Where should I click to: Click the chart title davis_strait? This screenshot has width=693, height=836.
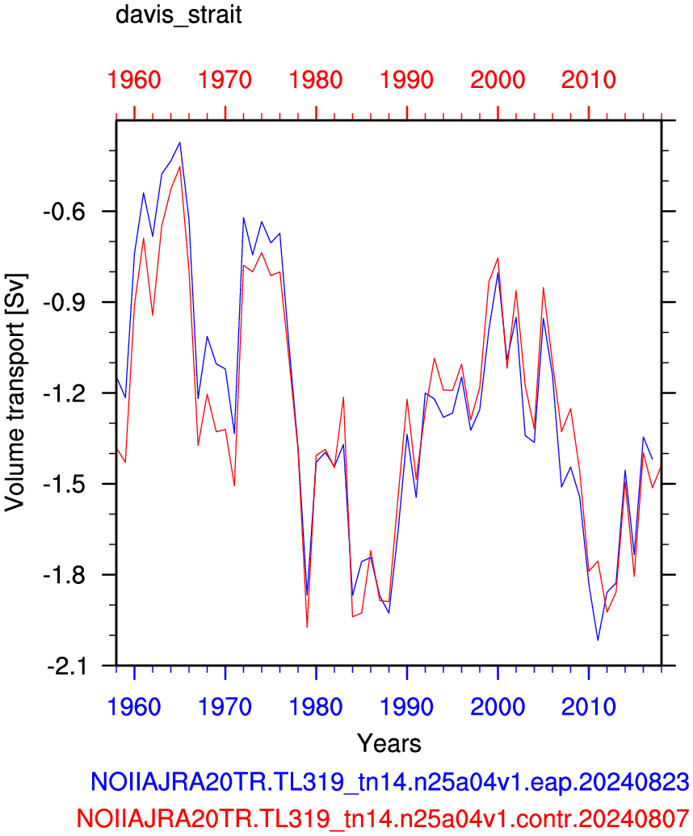coord(178,15)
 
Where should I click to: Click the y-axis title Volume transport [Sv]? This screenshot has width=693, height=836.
coord(15,393)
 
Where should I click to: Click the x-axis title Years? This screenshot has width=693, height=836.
coord(389,743)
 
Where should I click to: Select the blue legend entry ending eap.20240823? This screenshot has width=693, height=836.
coord(389,782)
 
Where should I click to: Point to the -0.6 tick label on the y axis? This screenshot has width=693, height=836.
coord(64,212)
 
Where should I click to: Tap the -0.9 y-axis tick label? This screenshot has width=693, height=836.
coord(64,303)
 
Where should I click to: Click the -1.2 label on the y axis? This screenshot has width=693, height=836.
coord(64,393)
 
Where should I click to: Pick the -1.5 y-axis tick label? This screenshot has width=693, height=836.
coord(64,484)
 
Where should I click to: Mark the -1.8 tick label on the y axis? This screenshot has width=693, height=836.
coord(64,575)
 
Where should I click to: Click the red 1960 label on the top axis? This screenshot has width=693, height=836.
coord(134,80)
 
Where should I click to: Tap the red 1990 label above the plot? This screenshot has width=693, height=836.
coord(407,80)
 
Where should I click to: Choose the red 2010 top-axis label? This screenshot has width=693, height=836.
coord(589,80)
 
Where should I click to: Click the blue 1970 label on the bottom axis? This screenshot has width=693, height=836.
coord(225,707)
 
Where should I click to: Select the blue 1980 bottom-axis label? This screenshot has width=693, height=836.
coord(316,707)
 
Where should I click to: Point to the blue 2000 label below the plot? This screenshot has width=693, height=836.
coord(498,707)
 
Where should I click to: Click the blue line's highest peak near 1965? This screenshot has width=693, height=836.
coord(180,142)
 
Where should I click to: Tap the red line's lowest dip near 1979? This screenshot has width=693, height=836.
coord(307,627)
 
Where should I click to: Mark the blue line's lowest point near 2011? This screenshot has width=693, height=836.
coord(598,640)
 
